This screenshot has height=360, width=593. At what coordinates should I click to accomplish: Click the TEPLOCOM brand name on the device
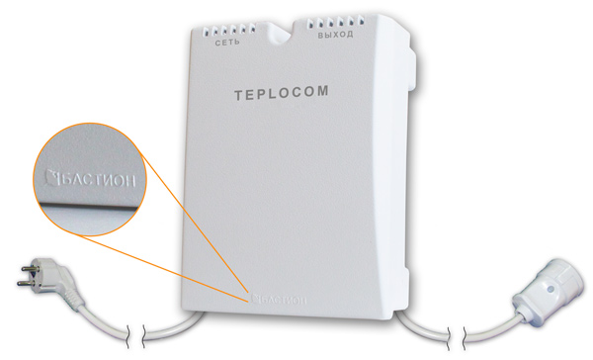click(x=282, y=93)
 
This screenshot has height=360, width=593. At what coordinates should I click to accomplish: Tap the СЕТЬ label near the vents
click(x=227, y=42)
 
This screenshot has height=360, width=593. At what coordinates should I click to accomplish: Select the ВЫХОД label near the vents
click(x=335, y=35)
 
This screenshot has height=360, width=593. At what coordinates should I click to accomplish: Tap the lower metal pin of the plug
click(x=25, y=283)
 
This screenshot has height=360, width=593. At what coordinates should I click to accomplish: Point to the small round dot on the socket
click(x=551, y=290)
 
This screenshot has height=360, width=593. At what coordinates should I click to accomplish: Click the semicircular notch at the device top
click(x=280, y=31)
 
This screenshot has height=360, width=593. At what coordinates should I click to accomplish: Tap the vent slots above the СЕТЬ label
click(x=229, y=31)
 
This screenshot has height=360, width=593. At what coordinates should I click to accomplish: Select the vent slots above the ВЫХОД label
click(x=335, y=22)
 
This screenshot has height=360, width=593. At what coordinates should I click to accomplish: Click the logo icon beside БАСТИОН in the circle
click(x=51, y=177)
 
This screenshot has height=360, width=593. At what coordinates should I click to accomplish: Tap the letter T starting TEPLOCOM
click(x=238, y=96)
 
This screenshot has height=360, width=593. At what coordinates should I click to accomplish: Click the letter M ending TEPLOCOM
click(x=322, y=91)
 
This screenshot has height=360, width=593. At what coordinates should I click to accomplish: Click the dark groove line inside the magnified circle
click(x=88, y=205)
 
